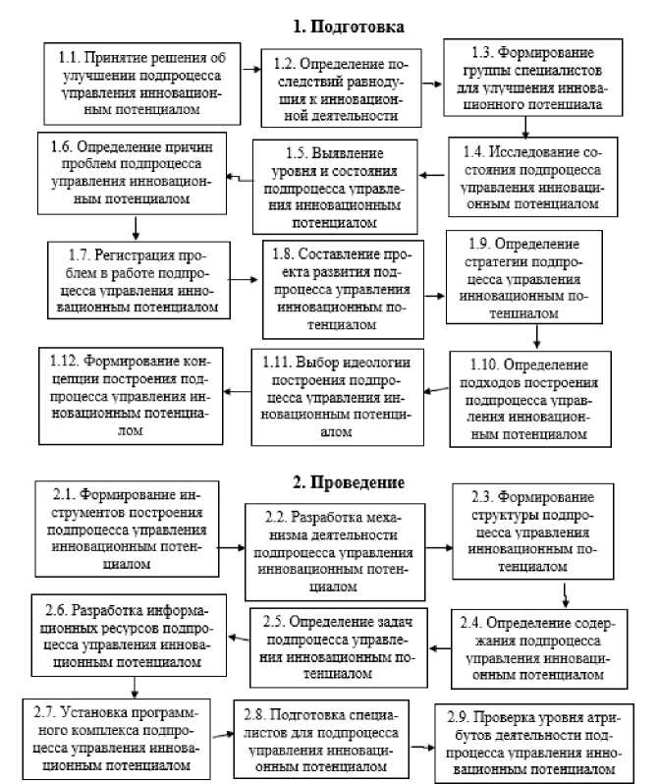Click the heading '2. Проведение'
pyautogui.click(x=348, y=481)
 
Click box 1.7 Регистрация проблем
pyautogui.click(x=136, y=281)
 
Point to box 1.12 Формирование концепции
pyautogui.click(x=131, y=392)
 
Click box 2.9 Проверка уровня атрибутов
pyautogui.click(x=530, y=743)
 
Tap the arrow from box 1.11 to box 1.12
pyautogui.click(x=237, y=392)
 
